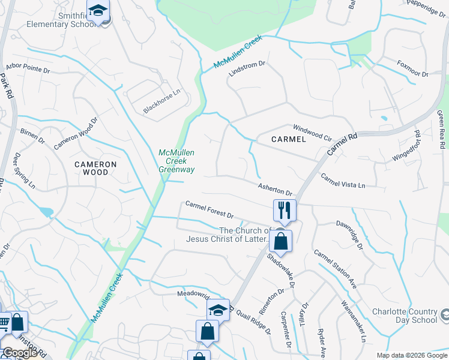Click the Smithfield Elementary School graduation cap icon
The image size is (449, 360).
(x=97, y=10)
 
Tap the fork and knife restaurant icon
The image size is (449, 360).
(x=283, y=209)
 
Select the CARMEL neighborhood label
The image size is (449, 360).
(x=288, y=139)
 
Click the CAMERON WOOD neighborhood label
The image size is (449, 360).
(x=95, y=168)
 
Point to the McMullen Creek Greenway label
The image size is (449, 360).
(x=176, y=161)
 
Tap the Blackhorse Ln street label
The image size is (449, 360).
(x=161, y=102)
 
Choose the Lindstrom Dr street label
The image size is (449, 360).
(x=247, y=68)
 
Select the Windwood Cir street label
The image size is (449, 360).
(x=312, y=132)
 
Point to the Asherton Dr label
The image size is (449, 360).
(x=275, y=190)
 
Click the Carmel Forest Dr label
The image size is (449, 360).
(x=209, y=210)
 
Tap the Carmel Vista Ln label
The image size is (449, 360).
(x=343, y=181)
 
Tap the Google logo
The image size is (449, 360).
(x=19, y=353)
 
